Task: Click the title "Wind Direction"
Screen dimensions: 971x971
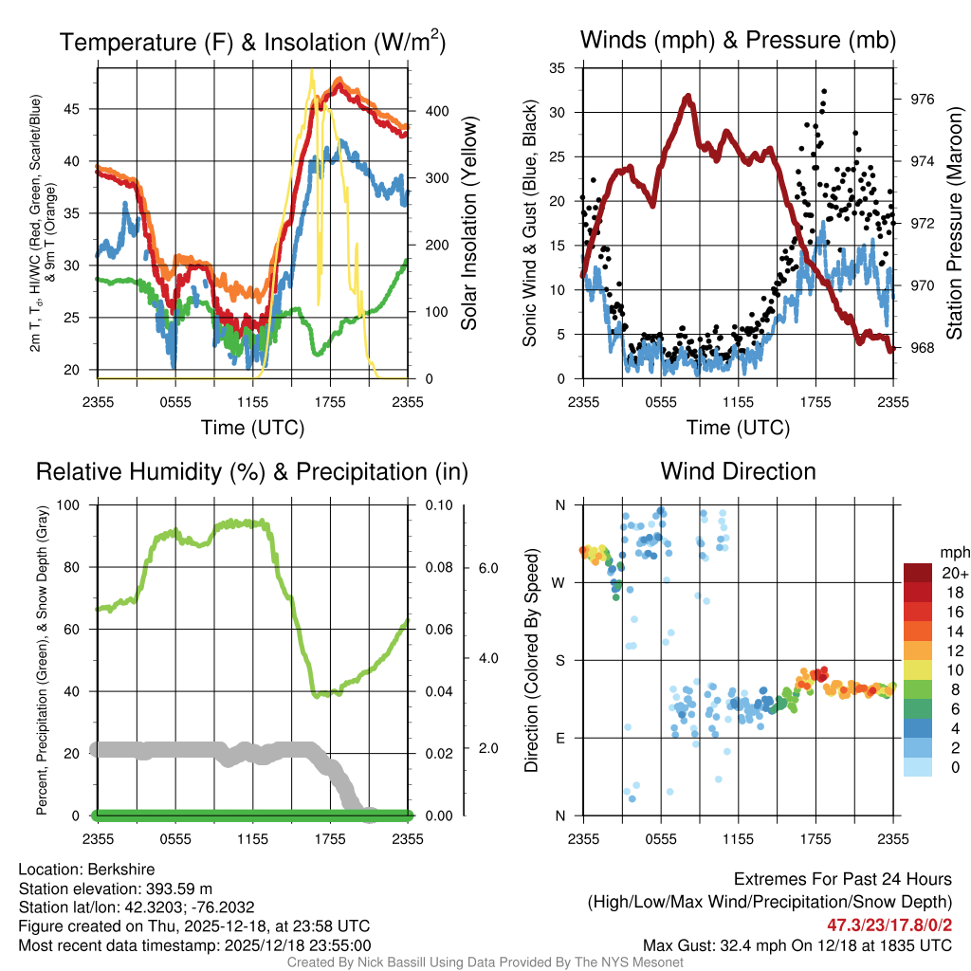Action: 738,471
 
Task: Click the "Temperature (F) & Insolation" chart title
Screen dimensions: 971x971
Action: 252,43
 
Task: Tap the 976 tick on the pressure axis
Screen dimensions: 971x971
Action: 922,99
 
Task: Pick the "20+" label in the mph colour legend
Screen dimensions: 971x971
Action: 955,573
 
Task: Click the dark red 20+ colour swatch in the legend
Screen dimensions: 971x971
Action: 918,573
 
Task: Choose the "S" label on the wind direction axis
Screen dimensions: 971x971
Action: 559,660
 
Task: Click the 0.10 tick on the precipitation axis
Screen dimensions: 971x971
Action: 438,505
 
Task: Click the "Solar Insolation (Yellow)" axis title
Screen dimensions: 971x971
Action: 468,224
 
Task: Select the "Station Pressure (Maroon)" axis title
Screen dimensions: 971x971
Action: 955,224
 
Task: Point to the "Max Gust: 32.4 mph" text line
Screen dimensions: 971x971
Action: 797,944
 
